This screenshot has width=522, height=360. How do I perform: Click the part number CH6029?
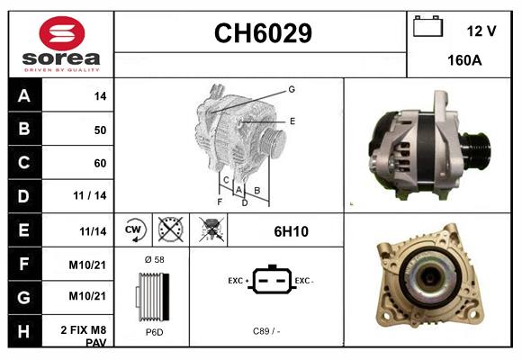(262, 34)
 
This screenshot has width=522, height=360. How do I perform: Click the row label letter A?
(23, 95)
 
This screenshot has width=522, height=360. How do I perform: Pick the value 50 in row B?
(100, 130)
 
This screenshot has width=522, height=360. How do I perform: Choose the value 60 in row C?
(100, 164)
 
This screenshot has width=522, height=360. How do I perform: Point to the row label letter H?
(23, 331)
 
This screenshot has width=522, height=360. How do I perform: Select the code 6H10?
(291, 231)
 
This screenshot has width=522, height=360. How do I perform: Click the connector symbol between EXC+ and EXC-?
(268, 282)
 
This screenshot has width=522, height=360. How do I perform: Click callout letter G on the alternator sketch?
(292, 89)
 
